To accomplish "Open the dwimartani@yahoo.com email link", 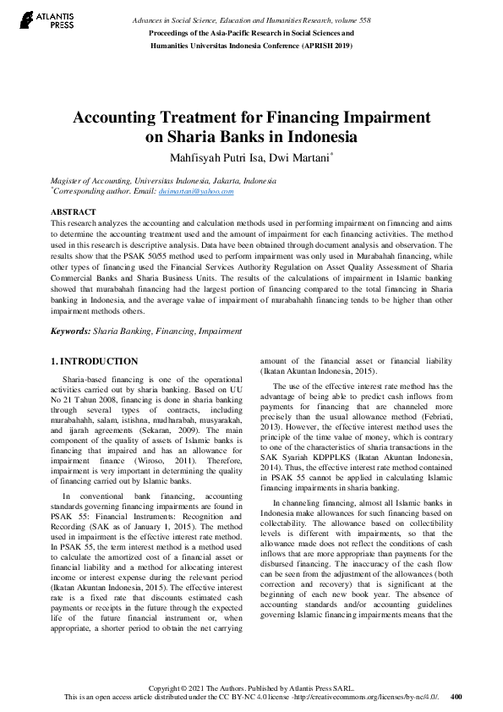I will (196, 192).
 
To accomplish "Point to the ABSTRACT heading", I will (74, 211).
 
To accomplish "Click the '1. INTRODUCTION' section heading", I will (94, 361).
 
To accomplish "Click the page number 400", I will (457, 698).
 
